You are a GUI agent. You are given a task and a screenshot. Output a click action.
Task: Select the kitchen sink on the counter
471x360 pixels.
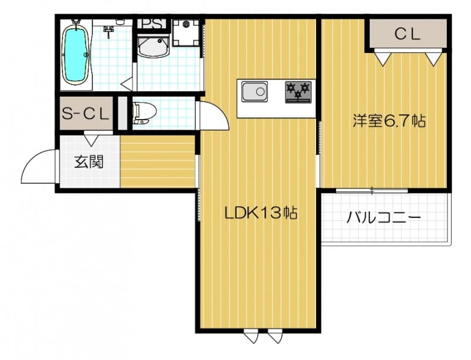tap(254, 92)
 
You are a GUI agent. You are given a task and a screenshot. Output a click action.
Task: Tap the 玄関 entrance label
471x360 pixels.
tap(88, 161)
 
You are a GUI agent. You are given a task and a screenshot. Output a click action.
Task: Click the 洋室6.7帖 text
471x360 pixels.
tap(389, 121)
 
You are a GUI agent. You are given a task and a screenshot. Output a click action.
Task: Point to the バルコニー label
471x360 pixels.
tap(383, 218)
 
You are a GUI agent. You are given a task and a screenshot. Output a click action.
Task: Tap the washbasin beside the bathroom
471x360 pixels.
tap(154, 45)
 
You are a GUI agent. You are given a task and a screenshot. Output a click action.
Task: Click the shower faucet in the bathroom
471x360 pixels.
tap(109, 31)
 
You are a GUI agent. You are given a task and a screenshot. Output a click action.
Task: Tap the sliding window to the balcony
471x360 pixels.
tap(372, 190)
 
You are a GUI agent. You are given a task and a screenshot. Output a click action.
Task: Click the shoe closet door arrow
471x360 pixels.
tap(92, 140)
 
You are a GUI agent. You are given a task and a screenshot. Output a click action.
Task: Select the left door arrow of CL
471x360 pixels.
tap(382, 58)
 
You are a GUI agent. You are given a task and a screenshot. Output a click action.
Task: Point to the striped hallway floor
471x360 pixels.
tap(158, 161)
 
